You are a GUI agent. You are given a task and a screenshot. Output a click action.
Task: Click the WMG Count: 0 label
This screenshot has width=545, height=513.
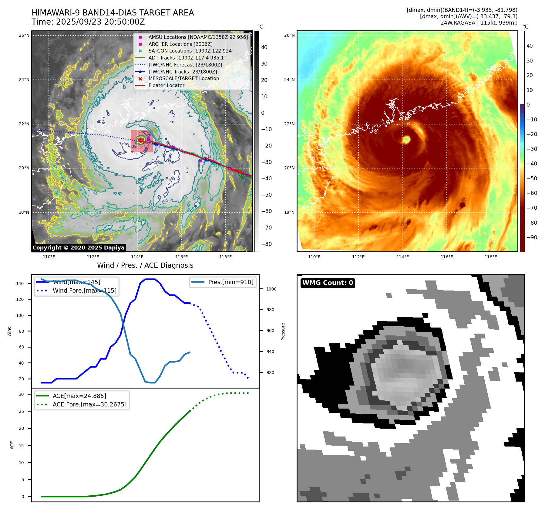(328, 283)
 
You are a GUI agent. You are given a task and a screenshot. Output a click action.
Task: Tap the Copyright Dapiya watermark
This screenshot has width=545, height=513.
(78, 248)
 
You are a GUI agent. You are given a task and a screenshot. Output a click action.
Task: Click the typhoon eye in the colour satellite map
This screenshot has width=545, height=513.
(406, 140)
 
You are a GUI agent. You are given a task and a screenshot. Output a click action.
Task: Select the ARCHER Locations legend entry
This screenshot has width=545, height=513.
(180, 44)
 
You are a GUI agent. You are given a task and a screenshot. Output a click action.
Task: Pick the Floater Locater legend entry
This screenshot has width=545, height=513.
(166, 85)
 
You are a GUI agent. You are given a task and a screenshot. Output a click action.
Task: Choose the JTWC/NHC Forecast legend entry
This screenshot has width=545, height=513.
(185, 65)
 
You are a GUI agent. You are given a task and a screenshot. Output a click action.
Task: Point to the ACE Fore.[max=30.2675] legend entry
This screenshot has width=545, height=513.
(89, 404)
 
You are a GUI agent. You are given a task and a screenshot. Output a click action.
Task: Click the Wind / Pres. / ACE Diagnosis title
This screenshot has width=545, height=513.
(145, 265)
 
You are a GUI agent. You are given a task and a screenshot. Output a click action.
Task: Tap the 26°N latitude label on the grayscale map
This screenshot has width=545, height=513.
(24, 36)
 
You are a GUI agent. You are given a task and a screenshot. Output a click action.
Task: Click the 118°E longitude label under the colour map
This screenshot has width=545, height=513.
(491, 257)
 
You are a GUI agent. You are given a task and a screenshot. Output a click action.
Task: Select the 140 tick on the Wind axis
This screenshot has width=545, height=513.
(20, 284)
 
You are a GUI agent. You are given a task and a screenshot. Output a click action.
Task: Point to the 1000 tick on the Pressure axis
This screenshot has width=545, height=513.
(271, 289)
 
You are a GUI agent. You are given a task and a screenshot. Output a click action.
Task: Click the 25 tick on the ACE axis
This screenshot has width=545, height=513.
(21, 411)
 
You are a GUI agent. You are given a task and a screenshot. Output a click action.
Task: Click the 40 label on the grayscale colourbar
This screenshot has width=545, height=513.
(264, 47)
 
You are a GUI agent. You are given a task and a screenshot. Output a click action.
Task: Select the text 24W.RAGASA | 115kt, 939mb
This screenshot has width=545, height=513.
(479, 23)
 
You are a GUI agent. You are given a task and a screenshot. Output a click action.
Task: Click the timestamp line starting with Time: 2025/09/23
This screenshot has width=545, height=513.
(88, 22)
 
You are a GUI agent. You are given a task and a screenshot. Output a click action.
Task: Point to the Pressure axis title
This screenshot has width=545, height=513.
(283, 331)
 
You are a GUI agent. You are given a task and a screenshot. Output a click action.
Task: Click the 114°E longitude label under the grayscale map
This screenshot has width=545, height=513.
(137, 257)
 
